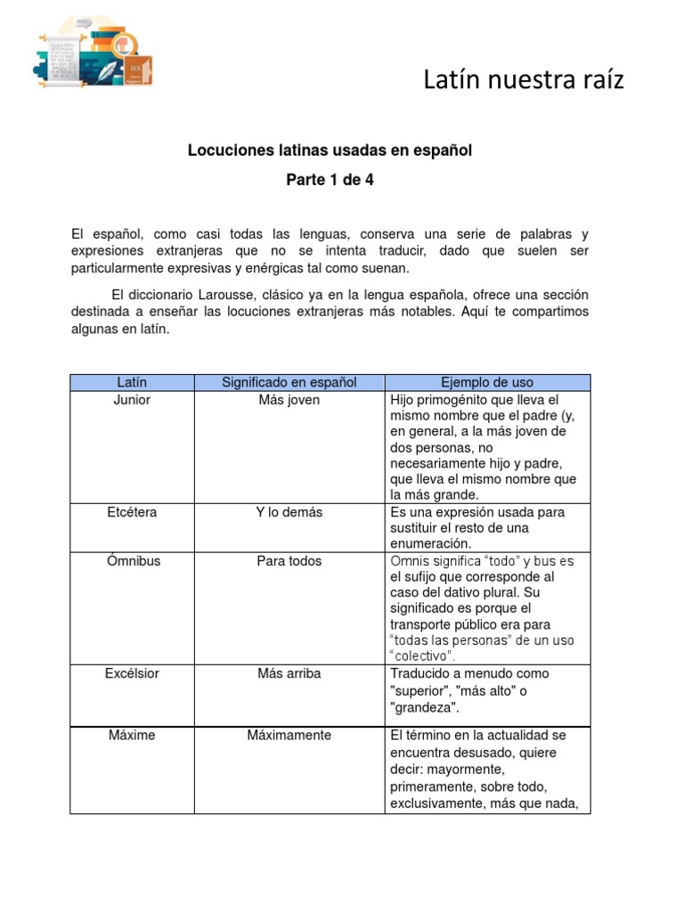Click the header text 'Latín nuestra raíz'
point(523,80)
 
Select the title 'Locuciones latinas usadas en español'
point(330,151)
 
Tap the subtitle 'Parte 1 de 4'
point(330,180)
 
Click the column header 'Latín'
point(132,382)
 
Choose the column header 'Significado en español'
point(289,382)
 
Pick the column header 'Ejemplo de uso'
point(487,382)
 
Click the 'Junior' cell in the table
point(132,400)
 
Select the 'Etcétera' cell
point(132,512)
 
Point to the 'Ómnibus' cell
point(132,561)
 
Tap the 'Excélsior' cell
point(132,673)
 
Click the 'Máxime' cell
point(132,736)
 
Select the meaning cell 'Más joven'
point(289,400)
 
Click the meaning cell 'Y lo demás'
point(289,512)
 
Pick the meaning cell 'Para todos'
point(289,561)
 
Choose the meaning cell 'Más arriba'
point(289,673)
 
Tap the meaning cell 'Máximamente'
point(289,736)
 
